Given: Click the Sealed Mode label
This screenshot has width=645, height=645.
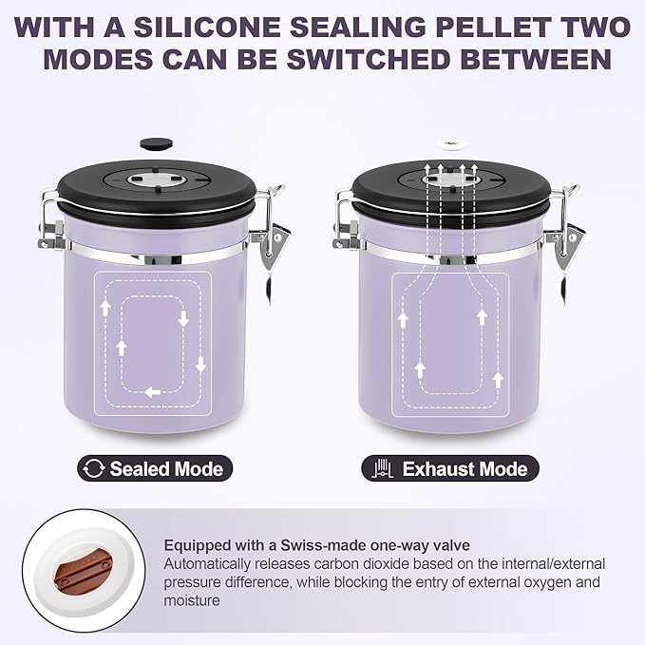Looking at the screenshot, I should tap(165, 468).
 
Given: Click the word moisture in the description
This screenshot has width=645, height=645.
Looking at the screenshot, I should tap(192, 600).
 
